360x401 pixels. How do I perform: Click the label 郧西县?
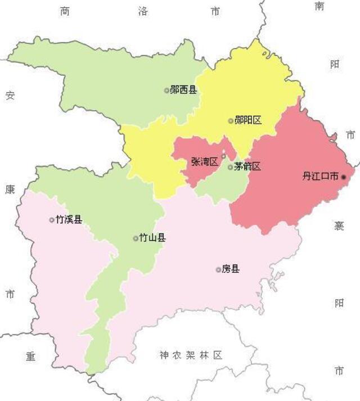[x=183, y=89]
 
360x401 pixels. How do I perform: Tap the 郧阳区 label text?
[x=248, y=120]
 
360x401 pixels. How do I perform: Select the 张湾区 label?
[x=204, y=161]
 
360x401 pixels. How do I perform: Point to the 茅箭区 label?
[x=247, y=166]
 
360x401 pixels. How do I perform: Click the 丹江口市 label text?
[x=320, y=176]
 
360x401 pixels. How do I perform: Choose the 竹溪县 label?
[x=69, y=219]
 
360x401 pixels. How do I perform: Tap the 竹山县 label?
[x=152, y=238]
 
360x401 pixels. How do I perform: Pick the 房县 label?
[x=231, y=269]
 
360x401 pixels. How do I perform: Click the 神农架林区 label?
[x=191, y=355]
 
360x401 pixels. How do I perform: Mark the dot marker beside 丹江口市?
[x=344, y=177]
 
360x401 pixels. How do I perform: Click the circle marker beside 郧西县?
[x=166, y=90]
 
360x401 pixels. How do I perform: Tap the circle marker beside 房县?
[x=218, y=270]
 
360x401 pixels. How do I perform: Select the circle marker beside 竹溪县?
[x=52, y=220]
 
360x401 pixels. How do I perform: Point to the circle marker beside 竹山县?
[x=136, y=238]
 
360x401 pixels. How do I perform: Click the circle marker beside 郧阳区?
[x=231, y=121]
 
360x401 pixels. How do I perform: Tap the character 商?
[x=65, y=11]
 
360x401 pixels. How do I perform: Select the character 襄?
[x=339, y=226]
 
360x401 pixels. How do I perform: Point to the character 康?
[x=10, y=190]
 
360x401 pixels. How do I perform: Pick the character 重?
[x=30, y=356]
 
